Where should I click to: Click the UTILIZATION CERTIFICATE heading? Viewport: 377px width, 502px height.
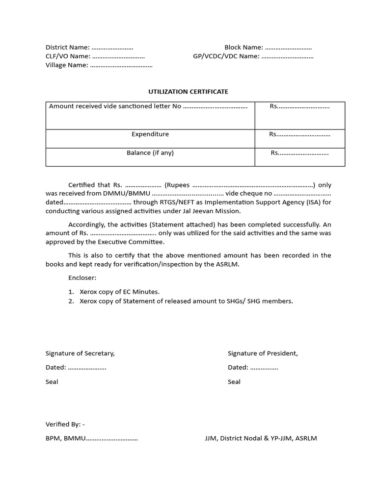click(188, 92)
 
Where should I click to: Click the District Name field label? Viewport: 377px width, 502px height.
click(67, 48)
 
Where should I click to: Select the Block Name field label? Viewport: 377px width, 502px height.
click(244, 48)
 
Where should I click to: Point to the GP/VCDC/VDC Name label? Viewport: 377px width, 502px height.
click(226, 56)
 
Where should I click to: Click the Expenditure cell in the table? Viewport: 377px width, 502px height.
click(150, 134)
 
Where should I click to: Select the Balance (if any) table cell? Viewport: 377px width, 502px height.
click(150, 153)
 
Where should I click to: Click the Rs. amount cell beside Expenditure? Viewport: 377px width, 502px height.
click(299, 134)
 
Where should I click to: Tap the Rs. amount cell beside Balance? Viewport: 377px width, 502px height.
click(299, 153)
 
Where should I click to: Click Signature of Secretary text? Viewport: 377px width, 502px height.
click(80, 353)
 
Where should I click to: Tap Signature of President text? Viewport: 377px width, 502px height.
click(263, 353)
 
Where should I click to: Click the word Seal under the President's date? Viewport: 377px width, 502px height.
click(234, 382)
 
